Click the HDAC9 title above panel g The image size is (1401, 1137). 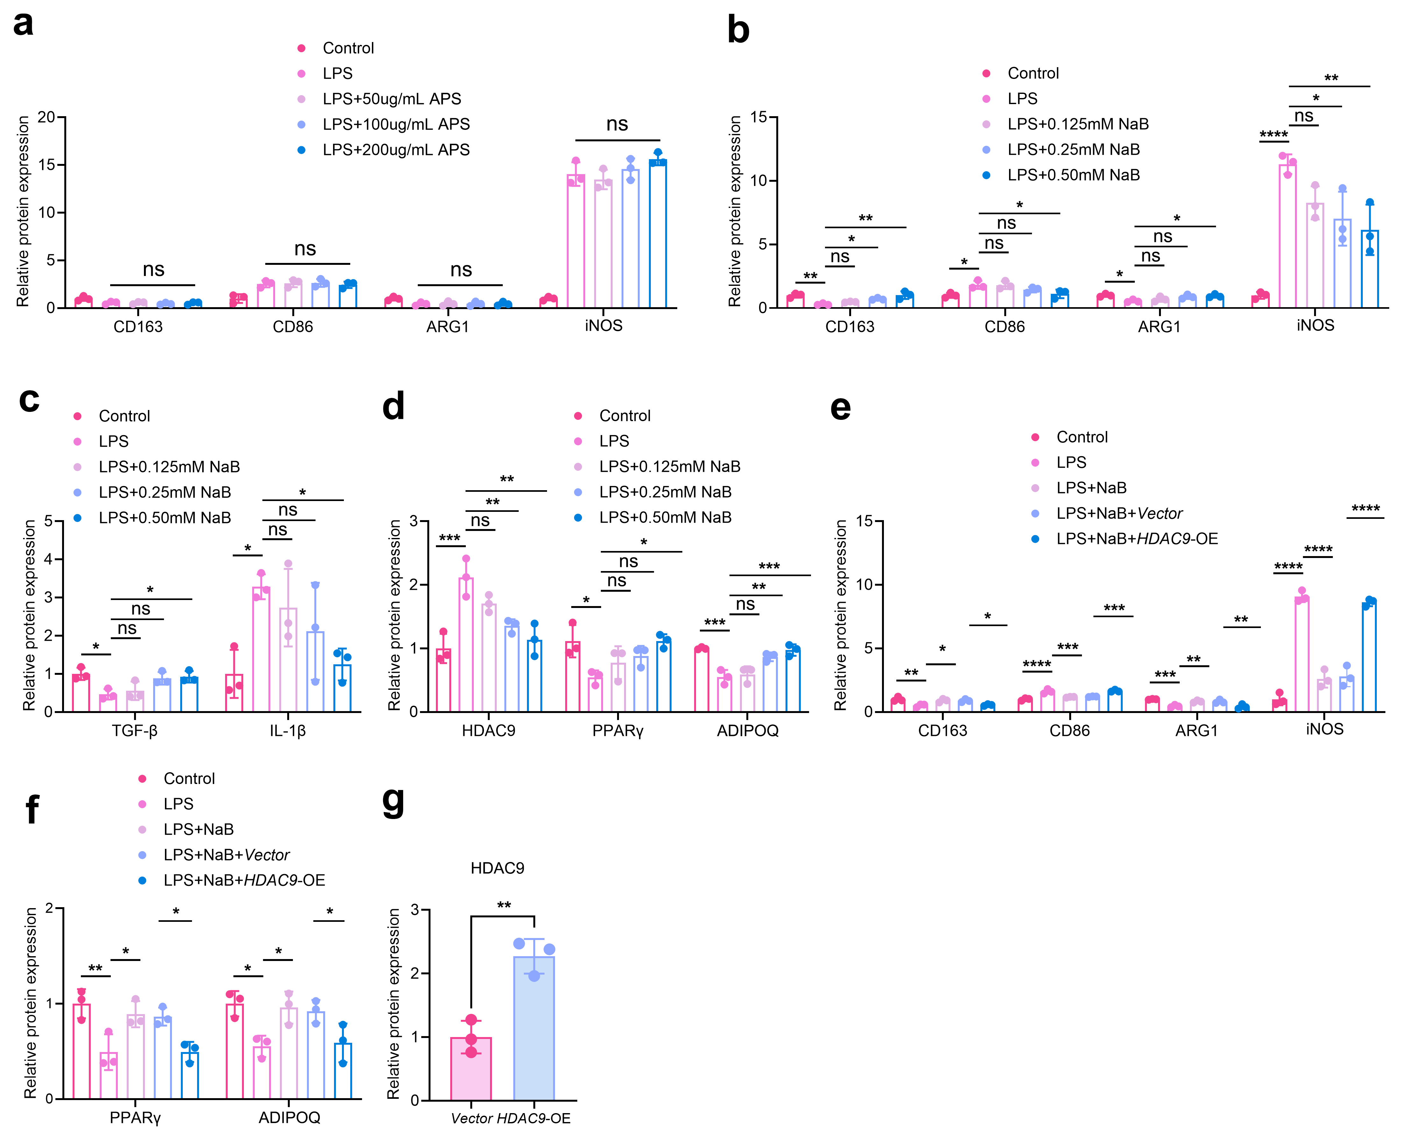coord(497,868)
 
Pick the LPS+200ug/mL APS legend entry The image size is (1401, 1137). coord(395,150)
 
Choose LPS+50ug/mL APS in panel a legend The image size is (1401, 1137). coord(391,99)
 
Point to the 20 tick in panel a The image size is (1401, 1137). coord(46,117)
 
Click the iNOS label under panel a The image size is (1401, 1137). coord(603,326)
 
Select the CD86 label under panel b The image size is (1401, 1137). coord(1004,327)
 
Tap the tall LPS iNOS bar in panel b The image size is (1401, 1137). coord(1287,236)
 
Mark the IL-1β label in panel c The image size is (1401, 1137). coord(288,730)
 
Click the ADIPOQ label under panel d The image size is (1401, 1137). coord(747,730)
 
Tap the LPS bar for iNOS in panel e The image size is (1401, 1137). coord(1301,655)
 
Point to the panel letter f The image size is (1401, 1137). coord(32,810)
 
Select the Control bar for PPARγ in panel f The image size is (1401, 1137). coord(81,1051)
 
